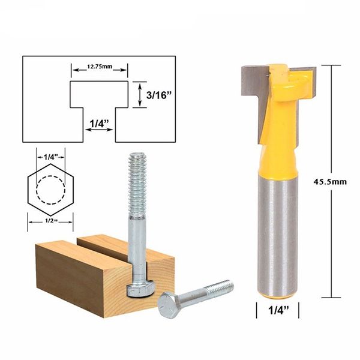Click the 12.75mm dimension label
pyautogui.click(x=99, y=67)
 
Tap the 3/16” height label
pyautogui.click(x=160, y=94)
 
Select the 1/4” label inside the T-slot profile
pyautogui.click(x=99, y=123)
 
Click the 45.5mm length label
pyautogui.click(x=333, y=182)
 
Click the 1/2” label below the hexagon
pyautogui.click(x=50, y=221)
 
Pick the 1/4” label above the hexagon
pyautogui.click(x=50, y=157)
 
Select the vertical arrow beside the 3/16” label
pyautogui.click(x=140, y=94)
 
